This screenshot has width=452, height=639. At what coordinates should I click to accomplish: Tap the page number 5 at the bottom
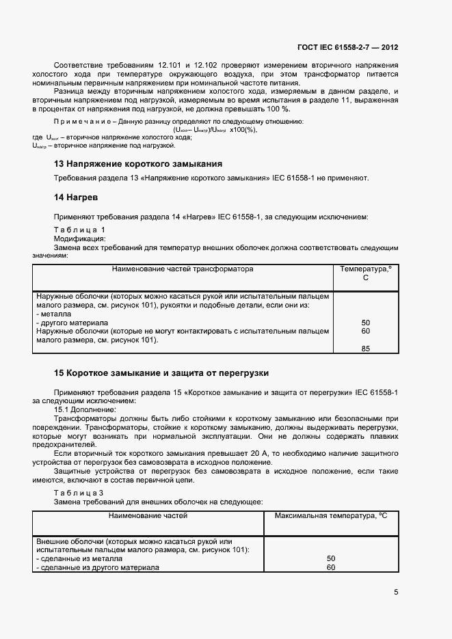(x=396, y=592)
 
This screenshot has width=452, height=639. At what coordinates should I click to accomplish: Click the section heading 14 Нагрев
(x=76, y=197)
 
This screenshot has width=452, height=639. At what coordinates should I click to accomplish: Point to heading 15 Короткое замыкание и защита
(x=161, y=373)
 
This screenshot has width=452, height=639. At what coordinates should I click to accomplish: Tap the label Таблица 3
(x=79, y=493)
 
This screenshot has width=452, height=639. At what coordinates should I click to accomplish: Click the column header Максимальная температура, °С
(x=331, y=515)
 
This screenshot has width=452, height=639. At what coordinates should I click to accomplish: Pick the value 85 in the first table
(x=365, y=349)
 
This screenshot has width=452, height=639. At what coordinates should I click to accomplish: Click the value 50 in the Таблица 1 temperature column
(x=365, y=323)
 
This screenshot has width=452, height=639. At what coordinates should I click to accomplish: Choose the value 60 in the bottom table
(x=331, y=567)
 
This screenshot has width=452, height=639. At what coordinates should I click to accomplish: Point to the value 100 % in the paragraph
(x=277, y=109)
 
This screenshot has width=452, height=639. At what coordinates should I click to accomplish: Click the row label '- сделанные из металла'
(x=79, y=559)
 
